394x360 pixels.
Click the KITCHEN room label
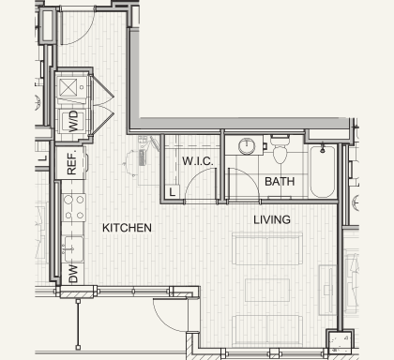tap(127, 228)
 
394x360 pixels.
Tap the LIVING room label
tap(272, 219)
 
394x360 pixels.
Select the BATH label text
tap(280, 182)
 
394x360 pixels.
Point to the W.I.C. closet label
tap(198, 161)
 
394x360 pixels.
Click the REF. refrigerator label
tap(71, 163)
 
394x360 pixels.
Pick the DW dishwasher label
tap(72, 274)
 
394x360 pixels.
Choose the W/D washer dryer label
tap(73, 122)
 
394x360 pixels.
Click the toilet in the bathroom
tap(280, 149)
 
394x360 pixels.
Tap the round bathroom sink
tap(247, 146)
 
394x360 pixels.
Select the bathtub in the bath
tap(323, 171)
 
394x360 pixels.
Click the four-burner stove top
tap(74, 207)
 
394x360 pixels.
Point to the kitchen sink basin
tap(74, 248)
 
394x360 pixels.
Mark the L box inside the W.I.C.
tap(172, 192)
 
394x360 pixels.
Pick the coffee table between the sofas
tap(267, 291)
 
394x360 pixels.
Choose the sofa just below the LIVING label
tap(267, 248)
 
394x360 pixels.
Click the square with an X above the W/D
tap(68, 87)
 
